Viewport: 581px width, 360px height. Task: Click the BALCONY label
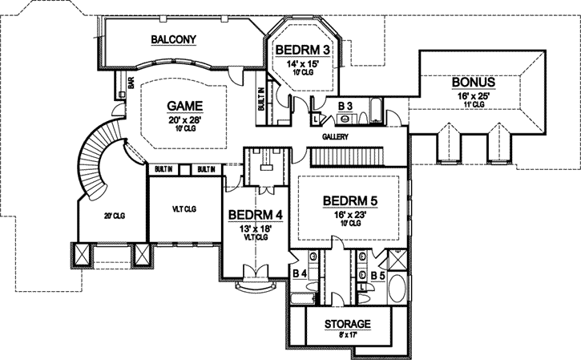(x=174, y=39)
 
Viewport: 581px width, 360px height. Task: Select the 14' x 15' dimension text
(x=302, y=64)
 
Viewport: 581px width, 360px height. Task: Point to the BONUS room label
(x=473, y=82)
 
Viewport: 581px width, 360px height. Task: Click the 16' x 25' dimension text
(x=472, y=95)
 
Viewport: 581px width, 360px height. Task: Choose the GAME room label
(x=184, y=106)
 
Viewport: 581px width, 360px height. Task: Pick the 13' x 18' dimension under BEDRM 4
(x=254, y=229)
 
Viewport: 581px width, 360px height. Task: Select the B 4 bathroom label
(x=301, y=274)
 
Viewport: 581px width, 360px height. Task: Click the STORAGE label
(x=347, y=325)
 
